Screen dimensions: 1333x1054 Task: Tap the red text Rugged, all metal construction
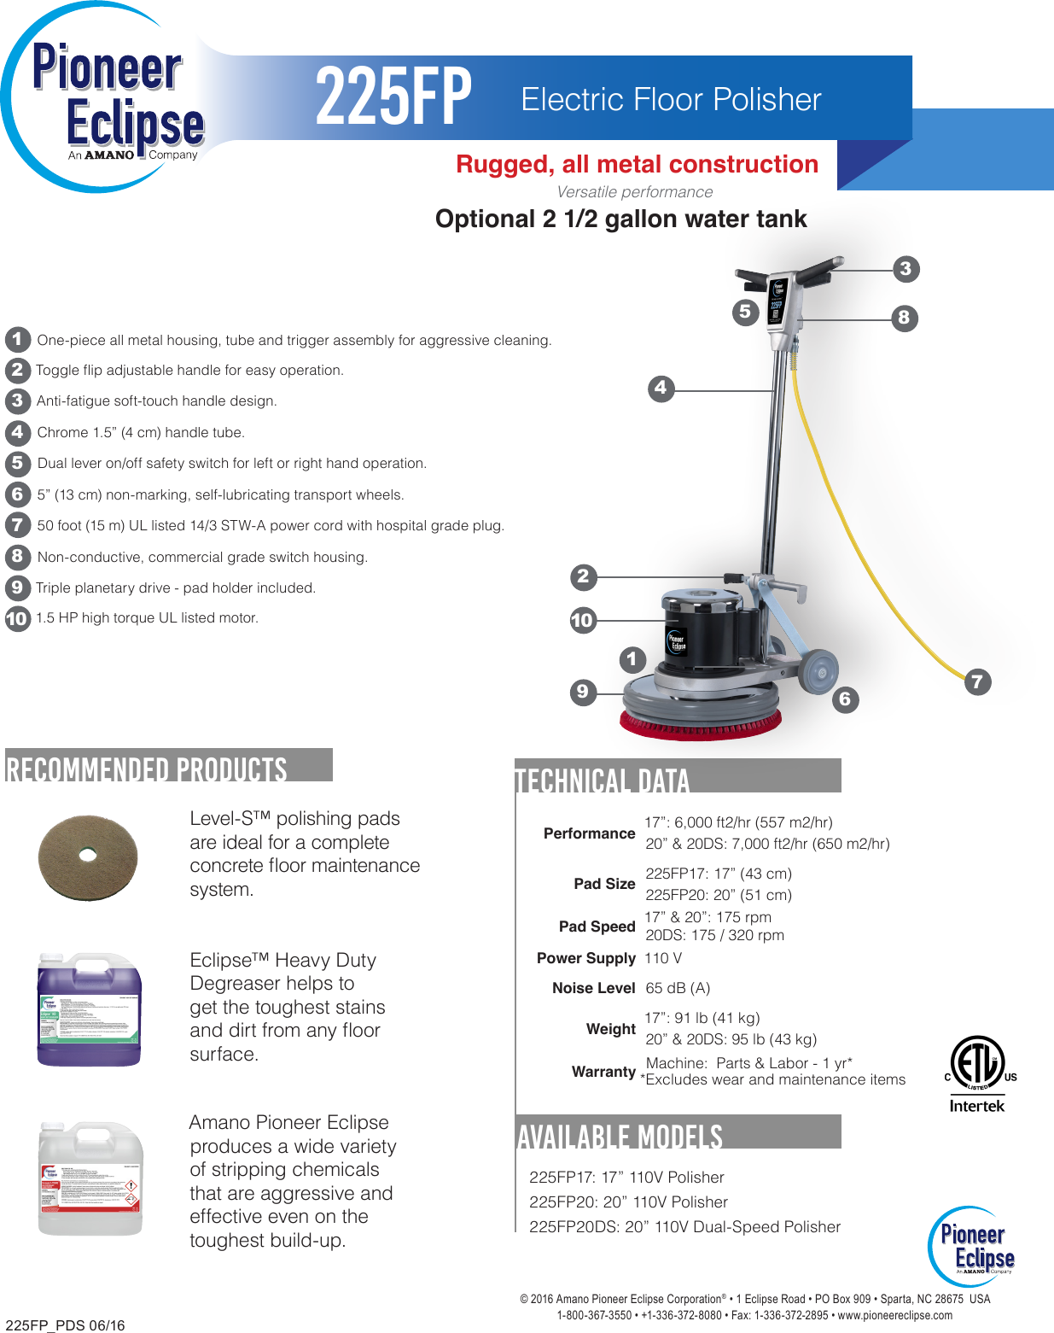coord(637,164)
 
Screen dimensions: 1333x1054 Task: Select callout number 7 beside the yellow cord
coord(977,681)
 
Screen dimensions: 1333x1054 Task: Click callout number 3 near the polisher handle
coord(906,269)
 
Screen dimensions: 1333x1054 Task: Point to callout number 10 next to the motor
coord(582,620)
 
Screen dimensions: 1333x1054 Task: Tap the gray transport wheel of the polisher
coord(818,671)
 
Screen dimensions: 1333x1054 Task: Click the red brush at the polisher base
coord(700,726)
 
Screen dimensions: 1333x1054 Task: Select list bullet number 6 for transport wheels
coord(17,494)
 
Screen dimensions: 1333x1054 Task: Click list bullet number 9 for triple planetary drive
coord(17,588)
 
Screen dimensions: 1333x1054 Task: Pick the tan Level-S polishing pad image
coord(88,857)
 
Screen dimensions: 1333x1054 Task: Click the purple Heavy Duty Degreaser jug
coord(89,1009)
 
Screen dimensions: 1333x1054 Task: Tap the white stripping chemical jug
coord(90,1178)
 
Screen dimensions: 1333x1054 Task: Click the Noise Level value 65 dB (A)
coord(678,988)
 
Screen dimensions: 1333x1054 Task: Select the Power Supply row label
coord(585,958)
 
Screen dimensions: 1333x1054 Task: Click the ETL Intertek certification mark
coord(978,1073)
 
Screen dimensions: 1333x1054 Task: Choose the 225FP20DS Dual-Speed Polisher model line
coord(684,1227)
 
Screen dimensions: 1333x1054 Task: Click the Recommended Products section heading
coord(147,769)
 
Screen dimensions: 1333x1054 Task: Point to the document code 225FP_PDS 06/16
coord(65,1325)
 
